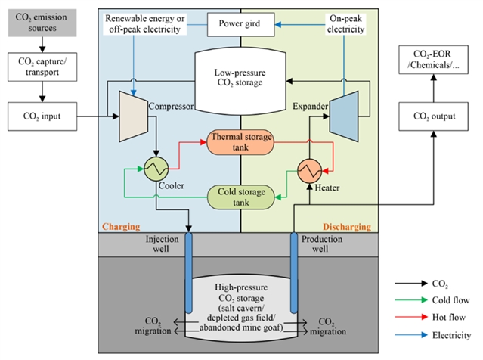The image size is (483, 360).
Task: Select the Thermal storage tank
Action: point(240,141)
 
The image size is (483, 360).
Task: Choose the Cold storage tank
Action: point(240,197)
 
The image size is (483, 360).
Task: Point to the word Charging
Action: point(123,226)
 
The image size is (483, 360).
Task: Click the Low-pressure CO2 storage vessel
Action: point(240,76)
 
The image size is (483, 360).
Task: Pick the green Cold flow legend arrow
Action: point(406,301)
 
